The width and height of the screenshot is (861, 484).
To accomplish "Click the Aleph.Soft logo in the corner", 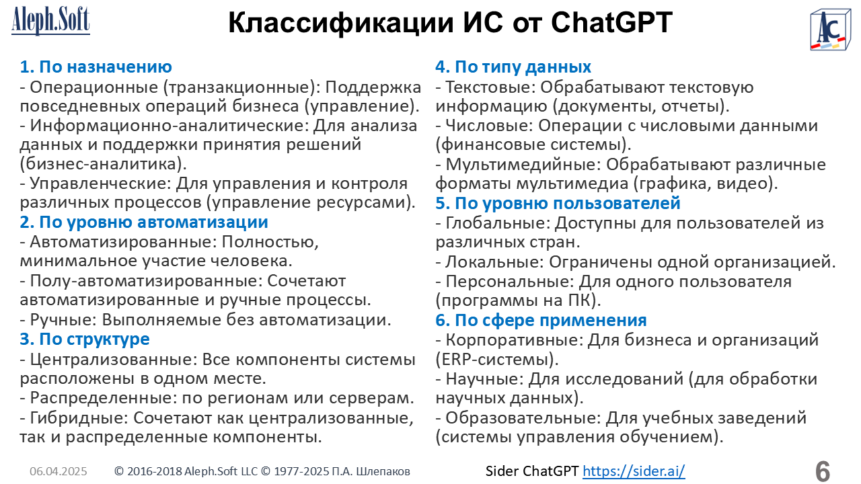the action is pyautogui.click(x=50, y=21).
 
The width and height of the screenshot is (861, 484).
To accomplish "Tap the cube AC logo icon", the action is pyautogui.click(x=830, y=30).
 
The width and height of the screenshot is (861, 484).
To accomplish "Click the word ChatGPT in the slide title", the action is pyautogui.click(x=611, y=23).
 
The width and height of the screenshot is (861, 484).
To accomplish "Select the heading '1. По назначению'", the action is pyautogui.click(x=96, y=67).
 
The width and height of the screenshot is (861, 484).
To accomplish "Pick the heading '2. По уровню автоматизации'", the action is pyautogui.click(x=144, y=222).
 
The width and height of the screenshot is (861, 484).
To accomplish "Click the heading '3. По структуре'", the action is pyautogui.click(x=85, y=339).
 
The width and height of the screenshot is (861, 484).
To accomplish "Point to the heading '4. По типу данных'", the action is pyautogui.click(x=513, y=67).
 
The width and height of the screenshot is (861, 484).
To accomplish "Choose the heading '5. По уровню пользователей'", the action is pyautogui.click(x=558, y=203).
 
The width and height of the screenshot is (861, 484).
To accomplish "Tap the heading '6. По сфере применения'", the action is pyautogui.click(x=541, y=320).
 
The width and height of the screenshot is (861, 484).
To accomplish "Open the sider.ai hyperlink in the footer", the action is pyautogui.click(x=634, y=471).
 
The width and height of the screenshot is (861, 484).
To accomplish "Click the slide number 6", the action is pyautogui.click(x=823, y=471).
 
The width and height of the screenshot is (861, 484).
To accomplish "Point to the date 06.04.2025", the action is pyautogui.click(x=59, y=471).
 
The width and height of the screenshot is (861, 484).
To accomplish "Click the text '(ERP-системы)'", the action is pyautogui.click(x=497, y=360).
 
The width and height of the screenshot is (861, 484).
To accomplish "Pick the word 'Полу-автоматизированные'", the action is pyautogui.click(x=146, y=281).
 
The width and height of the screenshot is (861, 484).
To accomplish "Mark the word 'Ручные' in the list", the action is pyautogui.click(x=63, y=320).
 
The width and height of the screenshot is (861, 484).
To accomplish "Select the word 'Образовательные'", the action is pyautogui.click(x=523, y=418).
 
